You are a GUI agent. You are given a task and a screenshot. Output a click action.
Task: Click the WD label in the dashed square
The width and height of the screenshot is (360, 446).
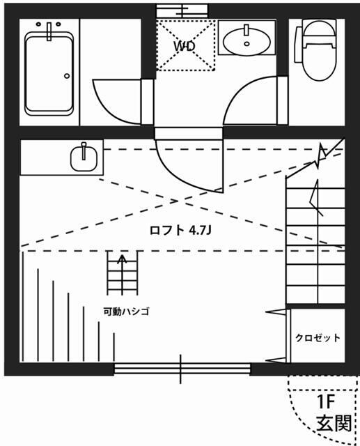[184, 46]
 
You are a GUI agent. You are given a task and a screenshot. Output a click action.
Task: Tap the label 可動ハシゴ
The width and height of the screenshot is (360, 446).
[126, 312]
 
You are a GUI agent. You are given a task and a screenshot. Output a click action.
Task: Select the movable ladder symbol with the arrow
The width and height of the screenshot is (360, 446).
[123, 274]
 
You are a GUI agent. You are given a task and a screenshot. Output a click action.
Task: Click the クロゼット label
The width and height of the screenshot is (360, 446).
[318, 338]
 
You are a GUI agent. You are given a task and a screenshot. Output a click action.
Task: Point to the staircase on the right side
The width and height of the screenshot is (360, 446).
[315, 237]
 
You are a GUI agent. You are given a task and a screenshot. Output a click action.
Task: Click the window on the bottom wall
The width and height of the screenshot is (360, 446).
[182, 369]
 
